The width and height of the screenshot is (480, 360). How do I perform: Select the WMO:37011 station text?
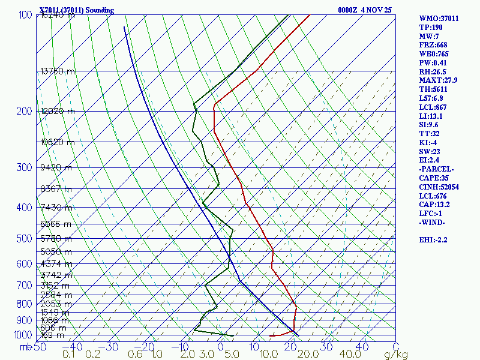point(439,19)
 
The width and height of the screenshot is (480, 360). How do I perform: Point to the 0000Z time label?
point(348,10)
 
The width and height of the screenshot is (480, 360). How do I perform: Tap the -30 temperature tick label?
point(110,346)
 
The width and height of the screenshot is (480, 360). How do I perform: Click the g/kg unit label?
point(395,355)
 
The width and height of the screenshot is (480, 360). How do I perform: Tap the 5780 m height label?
point(56,239)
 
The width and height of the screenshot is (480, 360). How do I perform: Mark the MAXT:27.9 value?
point(438,80)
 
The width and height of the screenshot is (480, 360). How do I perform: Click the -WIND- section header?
point(432,222)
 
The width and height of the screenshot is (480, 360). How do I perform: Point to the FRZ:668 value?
point(433,45)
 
